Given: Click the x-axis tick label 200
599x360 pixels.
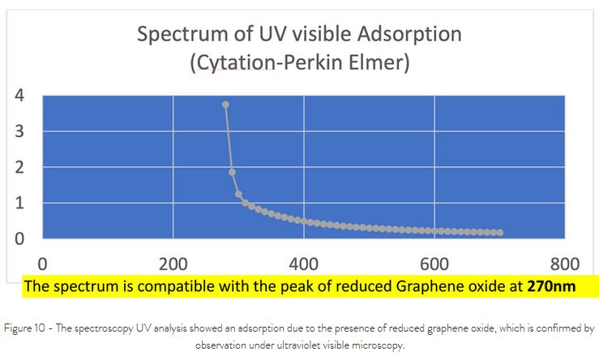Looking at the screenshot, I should [173, 263].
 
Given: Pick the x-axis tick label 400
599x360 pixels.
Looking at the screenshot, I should [304, 263].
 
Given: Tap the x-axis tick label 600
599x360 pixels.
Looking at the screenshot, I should [434, 263].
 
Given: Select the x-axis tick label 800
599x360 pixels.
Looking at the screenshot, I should [565, 263].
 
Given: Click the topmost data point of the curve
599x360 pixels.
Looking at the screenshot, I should [225, 105].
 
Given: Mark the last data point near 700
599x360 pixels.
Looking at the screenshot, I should [500, 233].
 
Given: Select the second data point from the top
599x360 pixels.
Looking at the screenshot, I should [232, 172].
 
